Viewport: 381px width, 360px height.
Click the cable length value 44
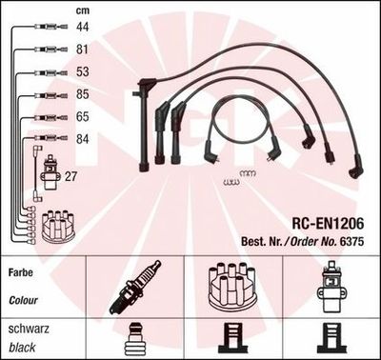pyautogui.click(x=82, y=27)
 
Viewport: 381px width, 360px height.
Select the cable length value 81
pyautogui.click(x=82, y=50)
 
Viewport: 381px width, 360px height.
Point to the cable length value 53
pyautogui.click(x=82, y=71)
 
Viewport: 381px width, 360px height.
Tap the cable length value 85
pyautogui.click(x=82, y=94)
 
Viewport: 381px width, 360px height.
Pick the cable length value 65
pyautogui.click(x=82, y=116)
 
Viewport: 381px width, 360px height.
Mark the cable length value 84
pyautogui.click(x=82, y=139)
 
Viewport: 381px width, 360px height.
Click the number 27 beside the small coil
pyautogui.click(x=70, y=176)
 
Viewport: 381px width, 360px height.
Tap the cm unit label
pyautogui.click(x=83, y=10)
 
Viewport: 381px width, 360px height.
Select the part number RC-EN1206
pyautogui.click(x=328, y=224)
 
